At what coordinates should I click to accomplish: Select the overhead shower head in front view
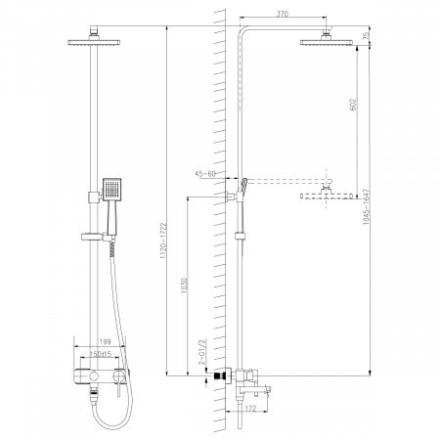pyautogui.click(x=94, y=39)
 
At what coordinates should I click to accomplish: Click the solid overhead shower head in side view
pyautogui.click(x=324, y=39)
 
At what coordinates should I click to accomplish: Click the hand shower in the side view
pyautogui.click(x=247, y=183)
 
